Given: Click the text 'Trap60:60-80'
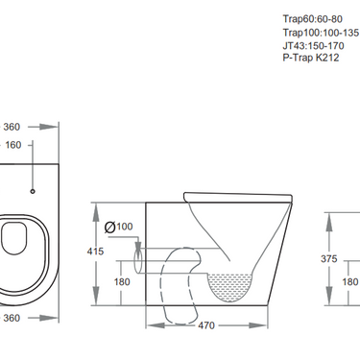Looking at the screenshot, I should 313,18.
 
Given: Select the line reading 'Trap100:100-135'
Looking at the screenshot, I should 321,32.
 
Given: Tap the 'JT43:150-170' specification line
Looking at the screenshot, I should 315,45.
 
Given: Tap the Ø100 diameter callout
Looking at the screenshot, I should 119,228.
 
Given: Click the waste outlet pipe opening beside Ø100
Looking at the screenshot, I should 139,258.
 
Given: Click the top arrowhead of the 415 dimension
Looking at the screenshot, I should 97,205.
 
